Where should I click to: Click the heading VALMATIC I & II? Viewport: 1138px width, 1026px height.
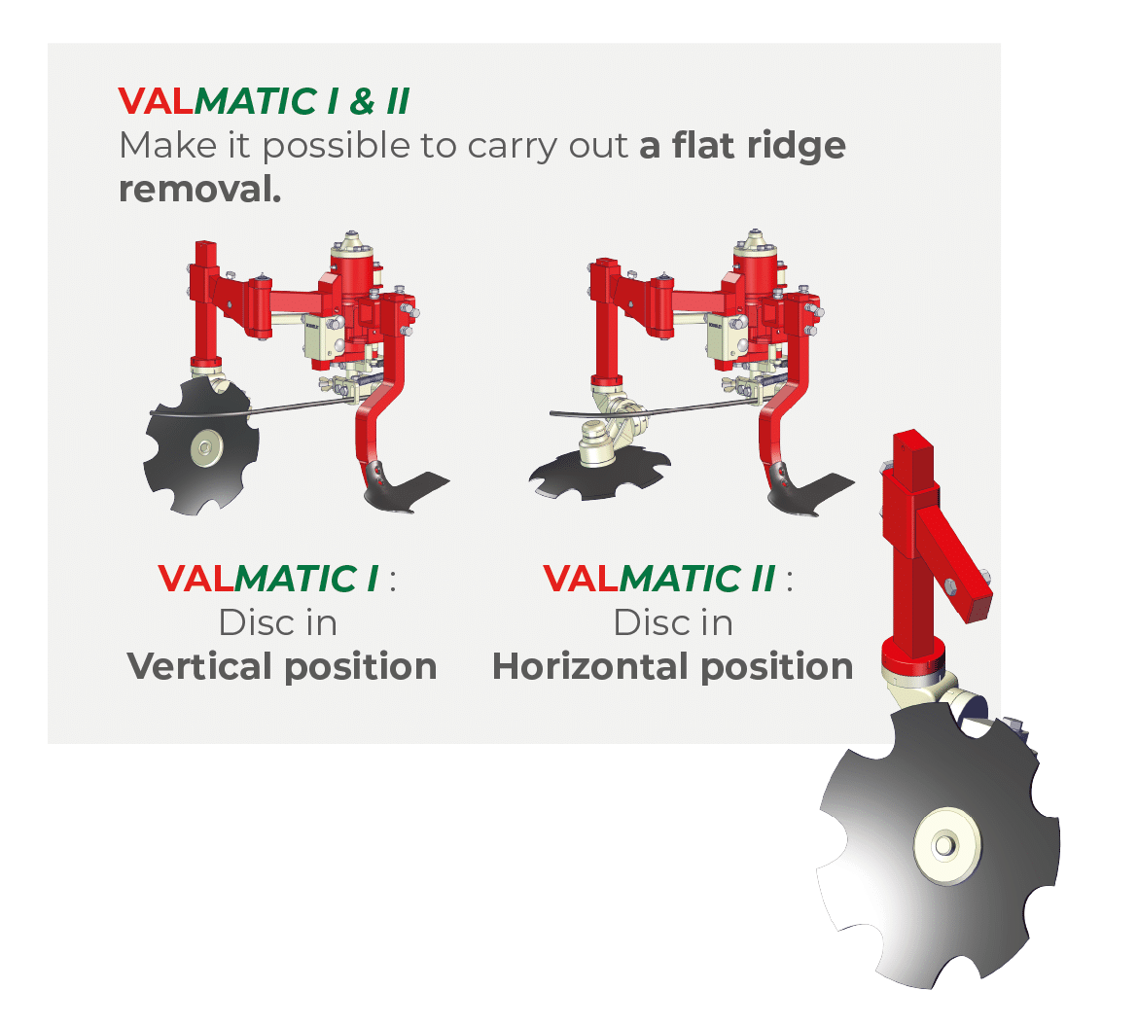265,101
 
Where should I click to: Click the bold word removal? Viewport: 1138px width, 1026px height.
199,190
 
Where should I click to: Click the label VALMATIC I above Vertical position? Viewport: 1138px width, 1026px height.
268,579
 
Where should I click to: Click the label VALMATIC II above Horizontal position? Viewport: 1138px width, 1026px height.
659,579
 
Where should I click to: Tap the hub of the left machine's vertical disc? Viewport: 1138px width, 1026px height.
204,447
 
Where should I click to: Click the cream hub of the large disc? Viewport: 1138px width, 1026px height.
945,845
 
